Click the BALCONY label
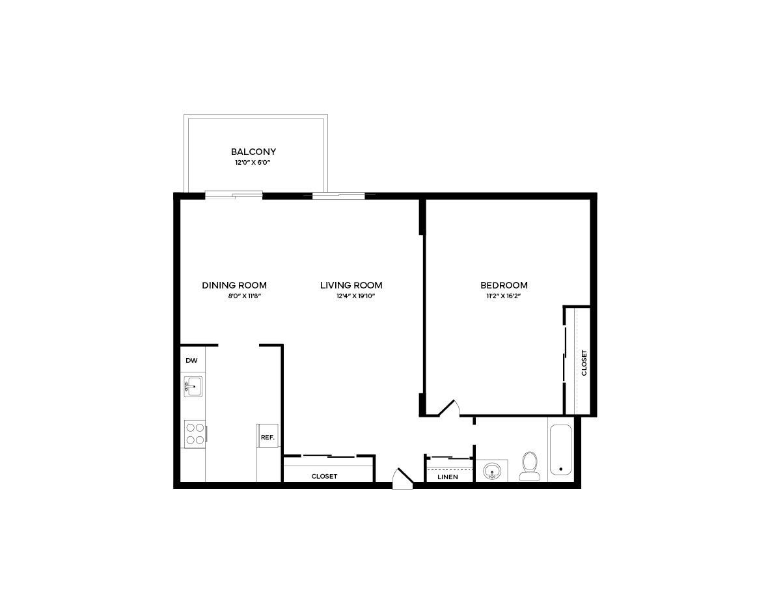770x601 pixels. coord(253,152)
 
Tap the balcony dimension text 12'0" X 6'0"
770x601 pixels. coord(253,163)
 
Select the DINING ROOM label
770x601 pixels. coord(234,285)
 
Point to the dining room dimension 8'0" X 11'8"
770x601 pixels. coord(245,296)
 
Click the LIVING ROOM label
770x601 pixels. coord(351,285)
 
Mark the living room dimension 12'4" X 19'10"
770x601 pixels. coord(355,296)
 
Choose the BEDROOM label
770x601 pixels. coord(504,285)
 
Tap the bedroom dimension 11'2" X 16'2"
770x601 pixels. coord(503,296)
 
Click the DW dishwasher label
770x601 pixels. coord(191,360)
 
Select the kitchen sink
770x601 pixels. coord(193,387)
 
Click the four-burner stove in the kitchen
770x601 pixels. coord(195,434)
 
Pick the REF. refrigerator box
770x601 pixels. coord(268,436)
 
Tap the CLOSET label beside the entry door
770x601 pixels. coord(324,476)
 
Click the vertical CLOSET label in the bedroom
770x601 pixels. coord(584,363)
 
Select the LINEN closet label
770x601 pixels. coord(447,477)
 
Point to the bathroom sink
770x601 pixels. coord(491,471)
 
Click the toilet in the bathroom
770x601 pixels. coord(529,466)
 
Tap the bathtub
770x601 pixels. coord(561,450)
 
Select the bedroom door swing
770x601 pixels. coord(449,409)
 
